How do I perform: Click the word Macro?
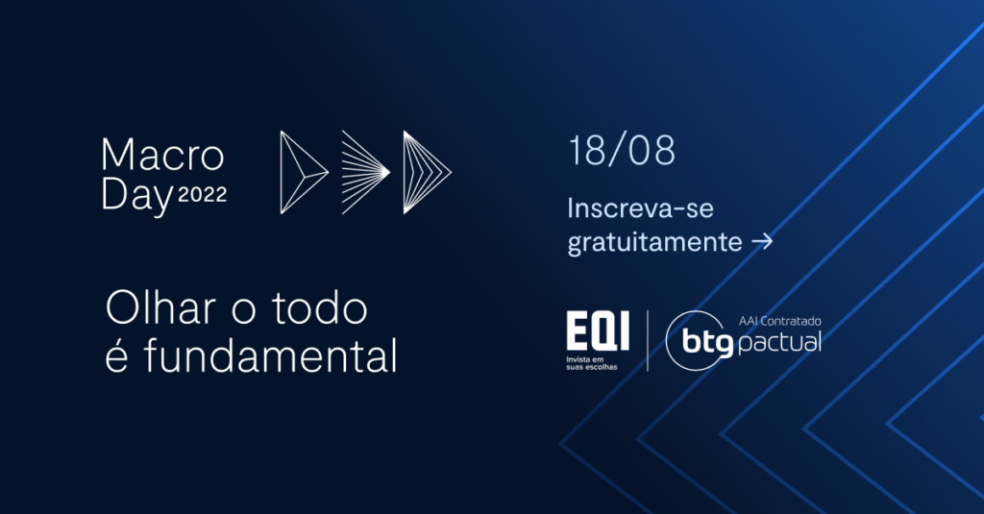(162, 155)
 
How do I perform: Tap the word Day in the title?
(136, 196)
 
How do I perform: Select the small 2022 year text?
(202, 195)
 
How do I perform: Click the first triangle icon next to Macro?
(304, 172)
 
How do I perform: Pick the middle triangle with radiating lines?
(365, 172)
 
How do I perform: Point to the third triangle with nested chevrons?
(427, 172)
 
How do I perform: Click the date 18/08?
(622, 151)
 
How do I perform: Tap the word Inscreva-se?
(640, 208)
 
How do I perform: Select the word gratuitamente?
(654, 241)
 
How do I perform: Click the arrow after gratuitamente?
(762, 241)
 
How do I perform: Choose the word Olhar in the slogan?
(160, 307)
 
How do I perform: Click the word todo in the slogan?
(319, 307)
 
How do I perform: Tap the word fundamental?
(270, 355)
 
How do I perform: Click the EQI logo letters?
(598, 330)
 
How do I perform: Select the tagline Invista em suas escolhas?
(591, 363)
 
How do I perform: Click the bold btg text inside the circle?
(707, 343)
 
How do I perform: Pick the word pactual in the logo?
(779, 343)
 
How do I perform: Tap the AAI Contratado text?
(779, 321)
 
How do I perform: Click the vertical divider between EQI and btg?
(648, 341)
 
